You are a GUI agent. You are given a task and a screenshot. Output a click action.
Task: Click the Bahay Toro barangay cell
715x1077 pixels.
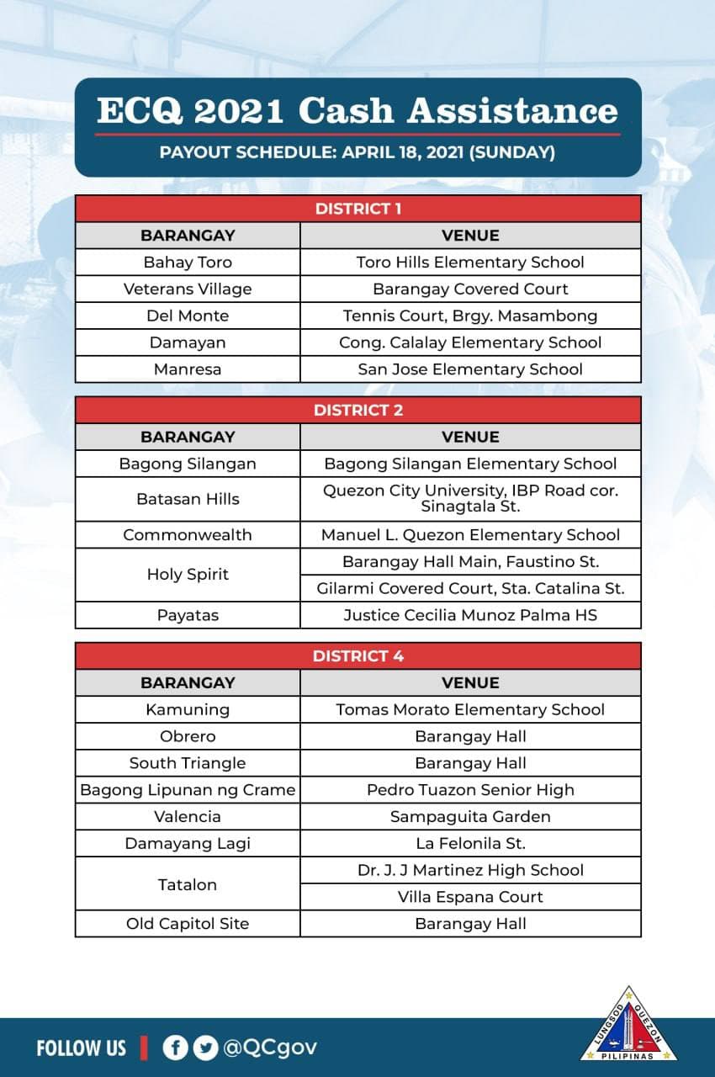click(x=188, y=262)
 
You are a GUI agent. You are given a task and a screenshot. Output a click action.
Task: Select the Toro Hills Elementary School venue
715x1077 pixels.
click(x=470, y=262)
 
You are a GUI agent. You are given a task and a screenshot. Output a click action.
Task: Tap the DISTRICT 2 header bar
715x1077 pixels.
click(x=358, y=410)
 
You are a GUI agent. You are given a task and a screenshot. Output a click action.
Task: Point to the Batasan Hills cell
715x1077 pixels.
click(x=188, y=499)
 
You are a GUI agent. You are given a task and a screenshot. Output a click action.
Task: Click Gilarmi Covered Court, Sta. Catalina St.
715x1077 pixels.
click(x=470, y=588)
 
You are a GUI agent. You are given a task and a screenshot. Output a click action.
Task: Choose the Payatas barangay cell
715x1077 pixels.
click(x=188, y=615)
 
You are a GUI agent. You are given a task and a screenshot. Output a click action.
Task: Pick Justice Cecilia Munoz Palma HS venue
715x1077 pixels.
click(x=470, y=615)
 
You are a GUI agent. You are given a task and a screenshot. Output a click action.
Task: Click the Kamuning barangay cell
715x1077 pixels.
click(x=188, y=709)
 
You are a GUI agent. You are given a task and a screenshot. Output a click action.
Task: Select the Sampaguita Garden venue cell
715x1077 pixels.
click(x=470, y=816)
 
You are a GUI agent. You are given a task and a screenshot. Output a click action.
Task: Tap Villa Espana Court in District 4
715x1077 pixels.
click(x=470, y=897)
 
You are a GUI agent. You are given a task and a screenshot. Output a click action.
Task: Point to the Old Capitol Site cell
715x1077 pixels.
click(x=188, y=923)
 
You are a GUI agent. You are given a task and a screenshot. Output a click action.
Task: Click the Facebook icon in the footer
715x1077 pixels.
click(x=175, y=1048)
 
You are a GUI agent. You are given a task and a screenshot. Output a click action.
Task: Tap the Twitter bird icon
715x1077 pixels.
click(x=204, y=1048)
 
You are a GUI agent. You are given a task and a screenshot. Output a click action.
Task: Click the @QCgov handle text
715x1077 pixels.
click(x=270, y=1048)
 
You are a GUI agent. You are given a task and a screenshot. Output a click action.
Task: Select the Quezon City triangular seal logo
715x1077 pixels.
click(x=628, y=1027)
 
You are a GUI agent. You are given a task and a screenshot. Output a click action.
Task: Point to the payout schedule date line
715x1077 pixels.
click(x=357, y=153)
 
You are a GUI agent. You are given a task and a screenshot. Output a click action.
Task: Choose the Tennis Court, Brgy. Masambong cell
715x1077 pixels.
click(x=470, y=316)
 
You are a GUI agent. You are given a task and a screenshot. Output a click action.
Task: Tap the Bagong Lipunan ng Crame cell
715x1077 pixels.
click(x=188, y=789)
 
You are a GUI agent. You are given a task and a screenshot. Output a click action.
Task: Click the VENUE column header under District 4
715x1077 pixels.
click(x=470, y=682)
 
